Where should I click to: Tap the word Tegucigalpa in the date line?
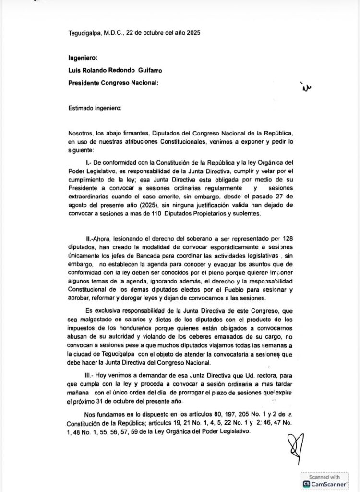pyautogui.click(x=84, y=33)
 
